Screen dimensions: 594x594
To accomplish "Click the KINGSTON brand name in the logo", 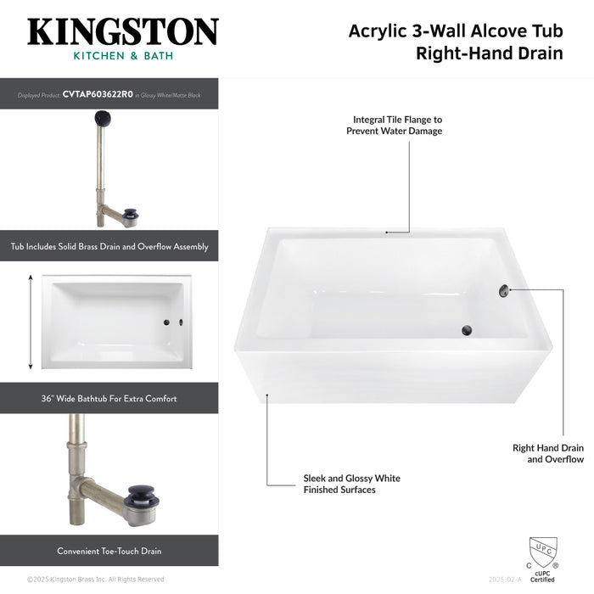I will [122, 31].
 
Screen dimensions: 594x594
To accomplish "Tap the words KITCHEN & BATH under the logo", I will [122, 56].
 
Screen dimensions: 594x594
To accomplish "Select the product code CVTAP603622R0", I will [98, 95].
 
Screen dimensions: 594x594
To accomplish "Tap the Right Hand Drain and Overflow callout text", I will [547, 453].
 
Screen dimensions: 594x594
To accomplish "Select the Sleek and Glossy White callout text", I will [351, 484].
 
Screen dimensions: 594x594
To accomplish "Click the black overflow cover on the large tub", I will [502, 290].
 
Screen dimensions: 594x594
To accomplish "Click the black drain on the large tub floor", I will [465, 330].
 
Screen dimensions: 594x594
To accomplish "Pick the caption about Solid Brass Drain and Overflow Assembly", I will [109, 247].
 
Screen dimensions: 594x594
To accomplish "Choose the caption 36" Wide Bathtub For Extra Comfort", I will [109, 398].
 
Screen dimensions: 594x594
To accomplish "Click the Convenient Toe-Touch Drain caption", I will [109, 551].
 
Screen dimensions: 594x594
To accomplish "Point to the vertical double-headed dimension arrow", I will [31, 322].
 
